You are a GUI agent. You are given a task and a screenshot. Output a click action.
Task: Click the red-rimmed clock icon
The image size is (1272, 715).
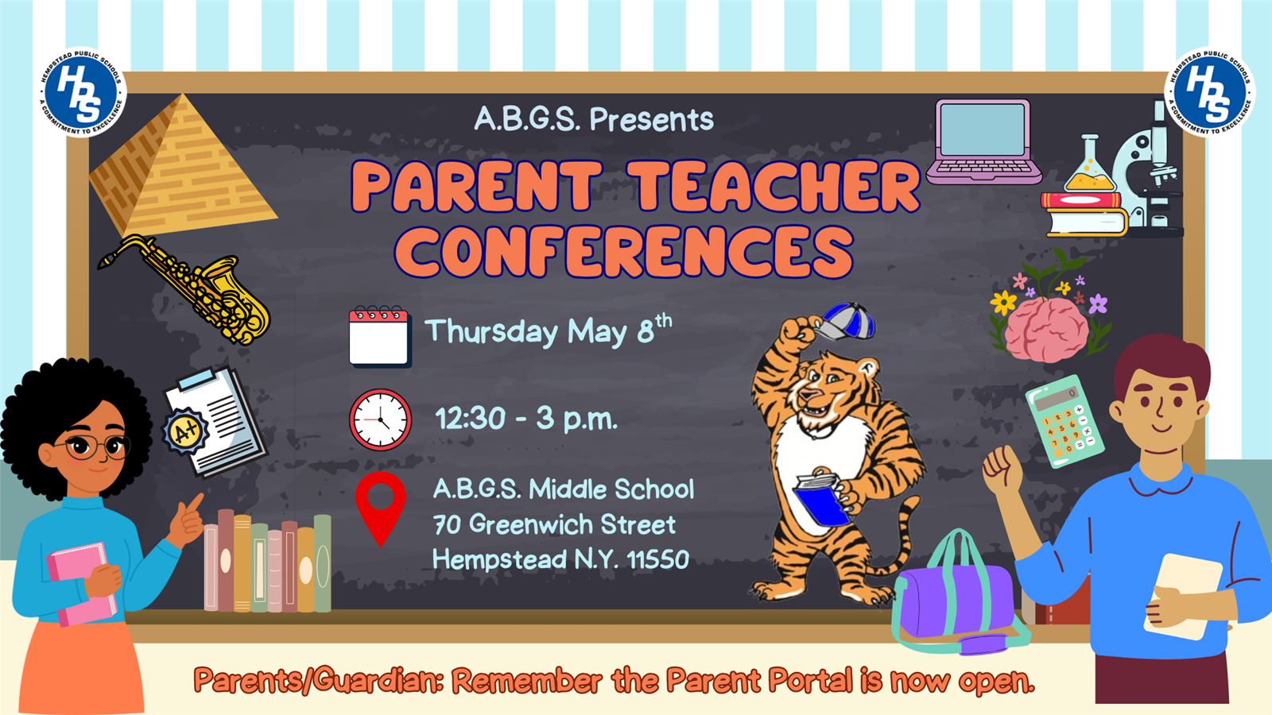[380, 419]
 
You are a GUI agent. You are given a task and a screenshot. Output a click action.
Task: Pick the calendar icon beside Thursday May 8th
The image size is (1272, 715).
[380, 337]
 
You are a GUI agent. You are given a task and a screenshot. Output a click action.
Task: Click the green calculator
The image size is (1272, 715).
[1065, 421]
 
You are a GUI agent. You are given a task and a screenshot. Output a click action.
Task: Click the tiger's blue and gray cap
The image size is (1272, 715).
[846, 322]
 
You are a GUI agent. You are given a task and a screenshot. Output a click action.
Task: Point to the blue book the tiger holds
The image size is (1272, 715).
[822, 499]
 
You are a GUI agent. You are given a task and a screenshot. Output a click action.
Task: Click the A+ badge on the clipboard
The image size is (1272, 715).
[184, 432]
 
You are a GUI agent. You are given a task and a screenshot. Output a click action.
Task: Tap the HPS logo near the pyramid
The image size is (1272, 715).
[83, 92]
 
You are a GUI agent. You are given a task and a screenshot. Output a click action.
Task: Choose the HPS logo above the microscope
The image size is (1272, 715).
[1209, 92]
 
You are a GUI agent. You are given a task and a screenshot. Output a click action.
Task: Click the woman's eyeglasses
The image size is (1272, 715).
[96, 446]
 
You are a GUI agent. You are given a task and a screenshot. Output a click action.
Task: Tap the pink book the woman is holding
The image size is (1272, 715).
[83, 584]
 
